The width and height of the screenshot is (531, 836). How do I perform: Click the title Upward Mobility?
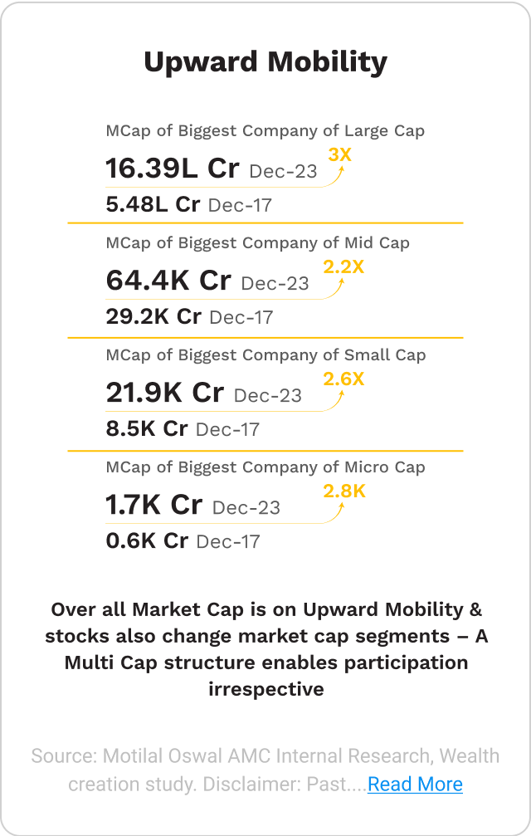tap(265, 62)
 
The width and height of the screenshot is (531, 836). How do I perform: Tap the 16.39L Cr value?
tap(172, 169)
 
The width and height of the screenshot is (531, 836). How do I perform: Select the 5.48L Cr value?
tap(153, 204)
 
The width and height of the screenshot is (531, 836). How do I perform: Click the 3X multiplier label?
tap(340, 154)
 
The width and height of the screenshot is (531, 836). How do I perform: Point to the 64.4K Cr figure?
tap(168, 281)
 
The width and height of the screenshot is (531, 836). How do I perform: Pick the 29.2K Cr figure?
tap(153, 316)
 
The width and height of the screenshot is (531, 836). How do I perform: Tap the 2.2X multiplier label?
tap(343, 266)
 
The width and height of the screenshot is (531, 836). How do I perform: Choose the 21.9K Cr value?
tap(164, 393)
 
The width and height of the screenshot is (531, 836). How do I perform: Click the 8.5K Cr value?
tap(147, 428)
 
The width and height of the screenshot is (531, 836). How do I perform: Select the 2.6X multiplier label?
tap(343, 379)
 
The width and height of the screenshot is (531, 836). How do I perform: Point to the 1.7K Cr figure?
tap(153, 505)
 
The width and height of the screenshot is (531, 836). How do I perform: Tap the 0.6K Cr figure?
tap(147, 540)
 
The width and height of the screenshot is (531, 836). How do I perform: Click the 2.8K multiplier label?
tap(344, 491)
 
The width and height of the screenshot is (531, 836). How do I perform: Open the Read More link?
tap(415, 784)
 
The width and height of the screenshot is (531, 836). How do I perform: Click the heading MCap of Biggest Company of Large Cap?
tap(265, 131)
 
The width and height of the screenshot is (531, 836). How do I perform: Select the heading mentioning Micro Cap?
tap(265, 467)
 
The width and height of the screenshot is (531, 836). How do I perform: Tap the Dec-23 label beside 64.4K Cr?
tap(275, 283)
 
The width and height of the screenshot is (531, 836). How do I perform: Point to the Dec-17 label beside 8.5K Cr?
tap(227, 429)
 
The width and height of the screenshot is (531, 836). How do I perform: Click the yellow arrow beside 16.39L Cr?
tap(338, 174)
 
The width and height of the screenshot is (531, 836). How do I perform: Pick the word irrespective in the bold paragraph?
tap(265, 689)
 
